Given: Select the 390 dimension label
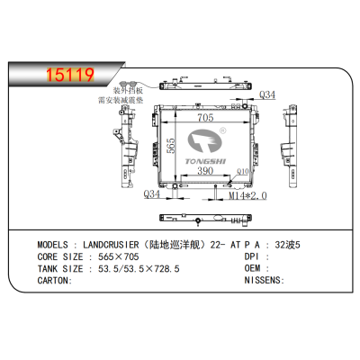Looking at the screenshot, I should pos(205,171).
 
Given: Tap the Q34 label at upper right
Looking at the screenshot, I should pos(267,95).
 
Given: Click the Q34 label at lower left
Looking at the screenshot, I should pos(152,193).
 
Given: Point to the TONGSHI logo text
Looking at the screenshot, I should pos(206,154).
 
